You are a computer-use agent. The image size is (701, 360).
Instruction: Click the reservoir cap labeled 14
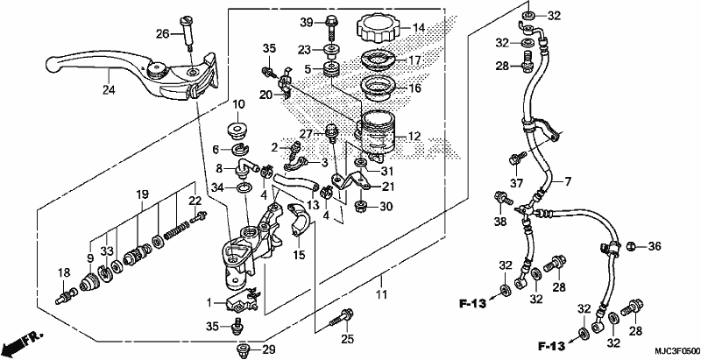[x=378, y=27]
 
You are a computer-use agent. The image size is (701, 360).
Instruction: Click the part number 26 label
[x=163, y=33]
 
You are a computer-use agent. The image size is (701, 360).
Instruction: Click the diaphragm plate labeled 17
[x=378, y=60]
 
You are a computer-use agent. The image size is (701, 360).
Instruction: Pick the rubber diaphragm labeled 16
[x=378, y=88]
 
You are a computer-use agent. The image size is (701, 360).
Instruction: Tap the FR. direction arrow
[x=20, y=342]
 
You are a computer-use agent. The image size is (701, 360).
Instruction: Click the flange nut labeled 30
[x=361, y=207]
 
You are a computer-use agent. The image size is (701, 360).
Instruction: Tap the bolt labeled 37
[x=518, y=159]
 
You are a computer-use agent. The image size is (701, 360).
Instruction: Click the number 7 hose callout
[x=567, y=182]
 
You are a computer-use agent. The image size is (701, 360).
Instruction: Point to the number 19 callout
[x=142, y=194]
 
